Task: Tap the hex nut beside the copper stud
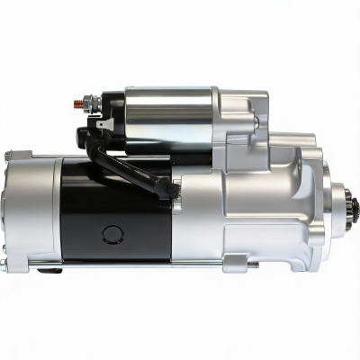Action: point(88,103)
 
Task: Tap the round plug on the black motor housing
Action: point(112,234)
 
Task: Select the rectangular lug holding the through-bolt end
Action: point(236,263)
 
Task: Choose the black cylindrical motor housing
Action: point(117,211)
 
